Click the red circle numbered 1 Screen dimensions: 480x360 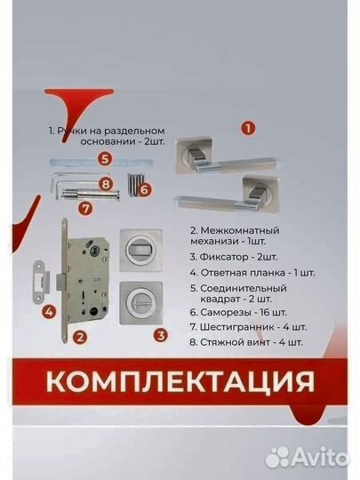pos(248,128)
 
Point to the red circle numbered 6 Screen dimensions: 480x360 pos(145,189)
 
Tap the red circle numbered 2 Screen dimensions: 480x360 pos(79,336)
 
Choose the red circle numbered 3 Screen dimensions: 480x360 pos(160,335)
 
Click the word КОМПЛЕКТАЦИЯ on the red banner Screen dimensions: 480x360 pos(180,382)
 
